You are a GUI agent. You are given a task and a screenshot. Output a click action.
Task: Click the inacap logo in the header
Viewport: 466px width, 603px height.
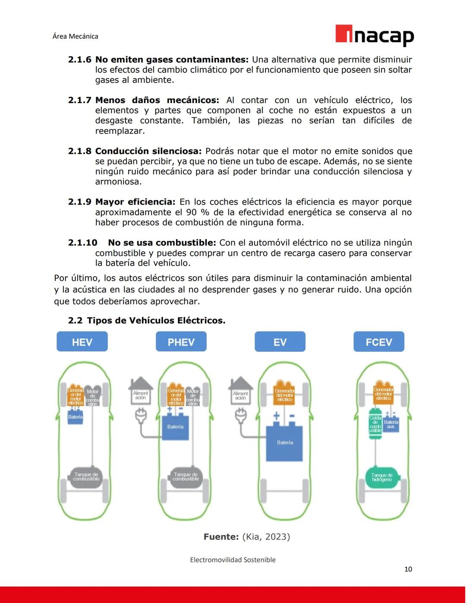pos(375,35)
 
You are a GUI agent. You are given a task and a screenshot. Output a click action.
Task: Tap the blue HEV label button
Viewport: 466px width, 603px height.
pos(82,342)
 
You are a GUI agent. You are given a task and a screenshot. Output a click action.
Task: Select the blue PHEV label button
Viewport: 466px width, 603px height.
pos(181,342)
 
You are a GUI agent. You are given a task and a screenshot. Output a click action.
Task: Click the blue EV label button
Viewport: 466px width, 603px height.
pos(280,342)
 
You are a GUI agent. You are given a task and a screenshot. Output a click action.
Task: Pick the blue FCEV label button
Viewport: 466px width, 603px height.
pos(379,342)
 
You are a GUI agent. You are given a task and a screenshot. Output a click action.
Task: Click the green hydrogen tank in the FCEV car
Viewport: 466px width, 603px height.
pos(381,477)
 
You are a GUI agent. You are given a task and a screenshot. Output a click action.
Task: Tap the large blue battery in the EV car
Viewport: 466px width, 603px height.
pos(285,443)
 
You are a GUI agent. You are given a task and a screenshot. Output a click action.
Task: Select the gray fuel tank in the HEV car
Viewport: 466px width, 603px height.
pos(86,477)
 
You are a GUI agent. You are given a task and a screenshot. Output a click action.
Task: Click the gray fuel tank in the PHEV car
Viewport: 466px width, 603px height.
pos(186,477)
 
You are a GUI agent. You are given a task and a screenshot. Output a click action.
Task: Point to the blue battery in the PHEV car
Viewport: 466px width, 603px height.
pos(175,427)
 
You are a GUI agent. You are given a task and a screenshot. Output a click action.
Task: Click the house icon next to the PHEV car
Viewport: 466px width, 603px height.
pos(141,391)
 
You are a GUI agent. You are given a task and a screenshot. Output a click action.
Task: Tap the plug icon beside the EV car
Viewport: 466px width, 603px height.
pos(240,415)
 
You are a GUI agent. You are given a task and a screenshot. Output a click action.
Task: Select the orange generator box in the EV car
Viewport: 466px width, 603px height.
pos(284,394)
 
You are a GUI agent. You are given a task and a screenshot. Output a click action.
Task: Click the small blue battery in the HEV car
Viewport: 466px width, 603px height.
pos(75,417)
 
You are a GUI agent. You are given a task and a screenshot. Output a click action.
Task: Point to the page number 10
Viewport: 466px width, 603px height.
pos(408,569)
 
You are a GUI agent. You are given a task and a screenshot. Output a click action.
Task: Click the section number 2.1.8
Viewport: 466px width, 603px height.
pos(80,151)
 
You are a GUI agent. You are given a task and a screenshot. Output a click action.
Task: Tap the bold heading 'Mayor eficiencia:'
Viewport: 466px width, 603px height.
pos(135,202)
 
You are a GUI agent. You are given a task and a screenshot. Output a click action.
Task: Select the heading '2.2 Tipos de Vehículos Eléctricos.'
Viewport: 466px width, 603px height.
pos(147,320)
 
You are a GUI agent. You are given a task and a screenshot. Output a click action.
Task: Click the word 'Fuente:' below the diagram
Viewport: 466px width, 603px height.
pos(221,537)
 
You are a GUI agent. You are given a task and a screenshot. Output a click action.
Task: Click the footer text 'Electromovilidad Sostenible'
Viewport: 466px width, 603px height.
pos(233,560)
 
